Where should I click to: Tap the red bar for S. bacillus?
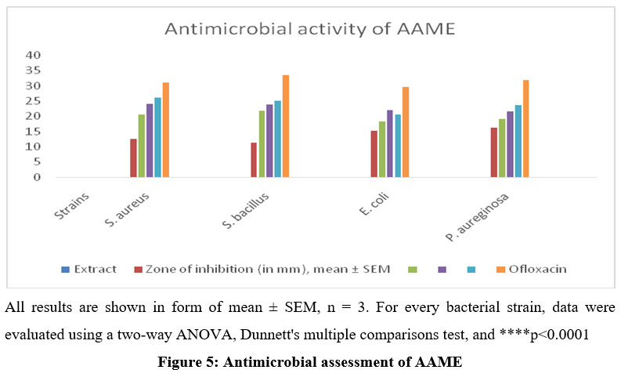[254, 160]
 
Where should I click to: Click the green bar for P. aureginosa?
[501, 148]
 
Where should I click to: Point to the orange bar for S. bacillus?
[286, 126]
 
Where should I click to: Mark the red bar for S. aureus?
[133, 158]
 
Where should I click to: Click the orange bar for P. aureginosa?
[525, 129]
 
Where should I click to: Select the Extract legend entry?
[95, 269]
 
